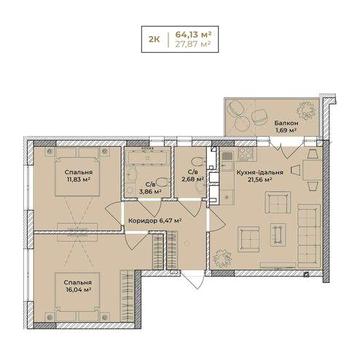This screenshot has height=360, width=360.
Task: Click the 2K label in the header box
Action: click(x=154, y=39)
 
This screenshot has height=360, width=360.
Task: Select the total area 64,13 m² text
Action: click(x=194, y=34)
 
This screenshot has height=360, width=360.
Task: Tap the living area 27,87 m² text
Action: click(x=194, y=45)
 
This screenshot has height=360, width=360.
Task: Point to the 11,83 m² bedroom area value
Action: click(x=78, y=179)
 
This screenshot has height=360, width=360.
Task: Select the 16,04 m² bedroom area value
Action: click(x=78, y=290)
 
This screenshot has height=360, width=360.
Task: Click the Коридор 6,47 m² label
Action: click(x=155, y=220)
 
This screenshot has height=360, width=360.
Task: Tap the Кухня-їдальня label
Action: click(x=260, y=173)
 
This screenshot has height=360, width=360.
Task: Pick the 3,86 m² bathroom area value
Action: click(x=151, y=192)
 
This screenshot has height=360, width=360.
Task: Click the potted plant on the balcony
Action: click(x=306, y=110)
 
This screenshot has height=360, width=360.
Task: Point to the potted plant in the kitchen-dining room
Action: click(x=222, y=257)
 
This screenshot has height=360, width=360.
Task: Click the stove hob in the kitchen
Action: click(x=247, y=153)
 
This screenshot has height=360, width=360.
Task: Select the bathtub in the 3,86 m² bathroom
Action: click(x=147, y=156)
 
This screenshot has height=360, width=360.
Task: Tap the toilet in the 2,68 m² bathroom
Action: click(x=199, y=164)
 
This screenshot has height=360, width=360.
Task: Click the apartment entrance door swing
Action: click(x=194, y=279)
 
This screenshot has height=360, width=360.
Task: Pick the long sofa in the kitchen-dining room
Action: click(x=309, y=235)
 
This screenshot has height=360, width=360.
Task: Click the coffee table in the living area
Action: click(x=278, y=235)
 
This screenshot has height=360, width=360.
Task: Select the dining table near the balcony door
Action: click(x=312, y=170)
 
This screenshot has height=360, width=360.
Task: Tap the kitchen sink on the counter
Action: click(x=228, y=196)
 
